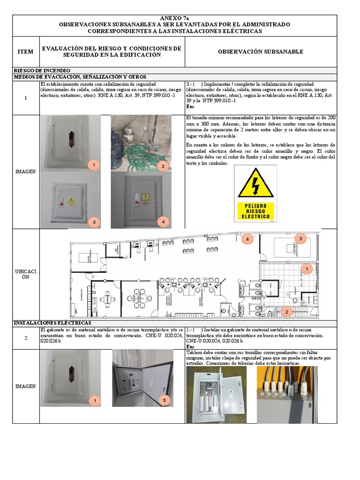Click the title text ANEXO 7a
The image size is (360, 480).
[174, 18]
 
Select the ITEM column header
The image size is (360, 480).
[25, 52]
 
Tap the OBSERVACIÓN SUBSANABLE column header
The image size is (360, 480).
[261, 52]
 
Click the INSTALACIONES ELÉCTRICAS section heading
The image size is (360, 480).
[52, 323]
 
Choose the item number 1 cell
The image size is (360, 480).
[26, 97]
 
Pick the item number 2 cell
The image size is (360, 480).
[26, 338]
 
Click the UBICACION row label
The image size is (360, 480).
[26, 274]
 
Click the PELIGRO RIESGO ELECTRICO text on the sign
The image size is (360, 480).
[255, 211]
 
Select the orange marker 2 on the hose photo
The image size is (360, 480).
[163, 166]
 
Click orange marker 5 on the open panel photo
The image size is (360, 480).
[164, 400]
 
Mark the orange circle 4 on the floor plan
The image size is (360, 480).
[247, 239]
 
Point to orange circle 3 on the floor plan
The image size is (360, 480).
[300, 239]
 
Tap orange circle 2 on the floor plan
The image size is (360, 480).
[286, 311]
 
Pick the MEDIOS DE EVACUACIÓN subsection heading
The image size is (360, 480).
[80, 77]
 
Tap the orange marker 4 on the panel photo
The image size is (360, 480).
[163, 221]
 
